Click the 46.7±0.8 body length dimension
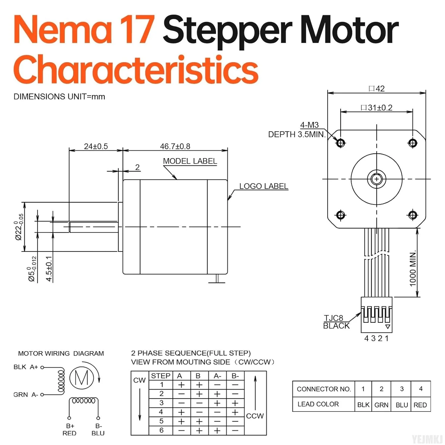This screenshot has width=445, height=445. tap(175, 146)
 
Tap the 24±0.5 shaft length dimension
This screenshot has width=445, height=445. tap(96, 146)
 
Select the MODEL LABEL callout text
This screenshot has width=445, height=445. tap(190, 161)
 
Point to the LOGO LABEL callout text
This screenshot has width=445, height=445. tap(263, 186)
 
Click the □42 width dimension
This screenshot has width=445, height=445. tap(376, 89)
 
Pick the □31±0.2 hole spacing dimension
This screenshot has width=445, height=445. tap(376, 108)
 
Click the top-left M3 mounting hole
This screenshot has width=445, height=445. tap(341, 143)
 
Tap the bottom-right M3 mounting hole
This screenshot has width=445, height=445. tap(413, 214)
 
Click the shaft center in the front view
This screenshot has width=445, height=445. tap(376, 179)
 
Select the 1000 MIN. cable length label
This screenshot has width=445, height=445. tap(413, 269)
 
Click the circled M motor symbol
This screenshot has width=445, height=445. tap(82, 378)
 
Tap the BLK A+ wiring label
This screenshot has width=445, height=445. tap(26, 367)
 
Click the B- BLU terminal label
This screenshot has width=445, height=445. tap(98, 430)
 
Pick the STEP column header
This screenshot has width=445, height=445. tap(160, 376)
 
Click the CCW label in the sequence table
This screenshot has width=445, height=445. tap(255, 416)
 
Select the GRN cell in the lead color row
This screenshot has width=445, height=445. tap(381, 405)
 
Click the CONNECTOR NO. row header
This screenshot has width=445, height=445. tap(324, 389)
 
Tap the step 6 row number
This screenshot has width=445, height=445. tap(161, 430)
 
